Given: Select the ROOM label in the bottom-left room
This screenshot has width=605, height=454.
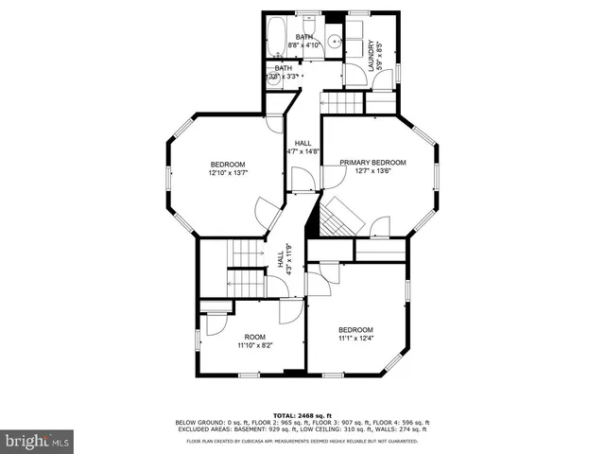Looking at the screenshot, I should (x=255, y=337).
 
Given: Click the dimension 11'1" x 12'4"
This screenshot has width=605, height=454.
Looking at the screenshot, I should (x=356, y=338).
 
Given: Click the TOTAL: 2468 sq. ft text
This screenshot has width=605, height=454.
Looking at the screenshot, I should (x=302, y=414).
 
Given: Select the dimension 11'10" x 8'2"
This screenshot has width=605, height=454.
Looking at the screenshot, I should (x=255, y=346).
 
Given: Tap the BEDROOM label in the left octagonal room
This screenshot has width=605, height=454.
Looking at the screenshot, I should (x=228, y=163).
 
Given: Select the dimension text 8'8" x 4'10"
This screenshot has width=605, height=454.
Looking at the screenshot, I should (x=304, y=44).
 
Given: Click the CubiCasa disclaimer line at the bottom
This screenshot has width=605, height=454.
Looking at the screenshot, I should (x=302, y=441).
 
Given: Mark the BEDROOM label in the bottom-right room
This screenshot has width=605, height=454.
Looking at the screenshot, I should (x=356, y=329).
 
